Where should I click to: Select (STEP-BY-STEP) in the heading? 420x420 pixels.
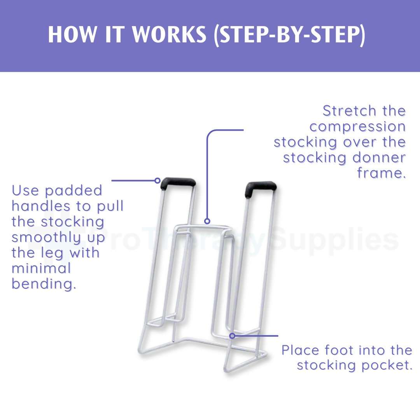[289, 35]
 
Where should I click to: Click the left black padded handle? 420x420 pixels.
[178, 184]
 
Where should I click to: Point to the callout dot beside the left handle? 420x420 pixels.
[158, 180]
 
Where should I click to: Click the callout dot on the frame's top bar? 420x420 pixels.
[207, 221]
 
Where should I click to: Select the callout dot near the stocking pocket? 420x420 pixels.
[233, 336]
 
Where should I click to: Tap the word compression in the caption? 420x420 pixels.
[358, 127]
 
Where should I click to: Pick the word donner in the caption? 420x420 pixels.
[379, 157]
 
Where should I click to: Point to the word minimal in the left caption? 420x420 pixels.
[41, 268]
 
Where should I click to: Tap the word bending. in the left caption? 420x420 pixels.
[44, 284]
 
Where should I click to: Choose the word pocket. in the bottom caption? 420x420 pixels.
[387, 366]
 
